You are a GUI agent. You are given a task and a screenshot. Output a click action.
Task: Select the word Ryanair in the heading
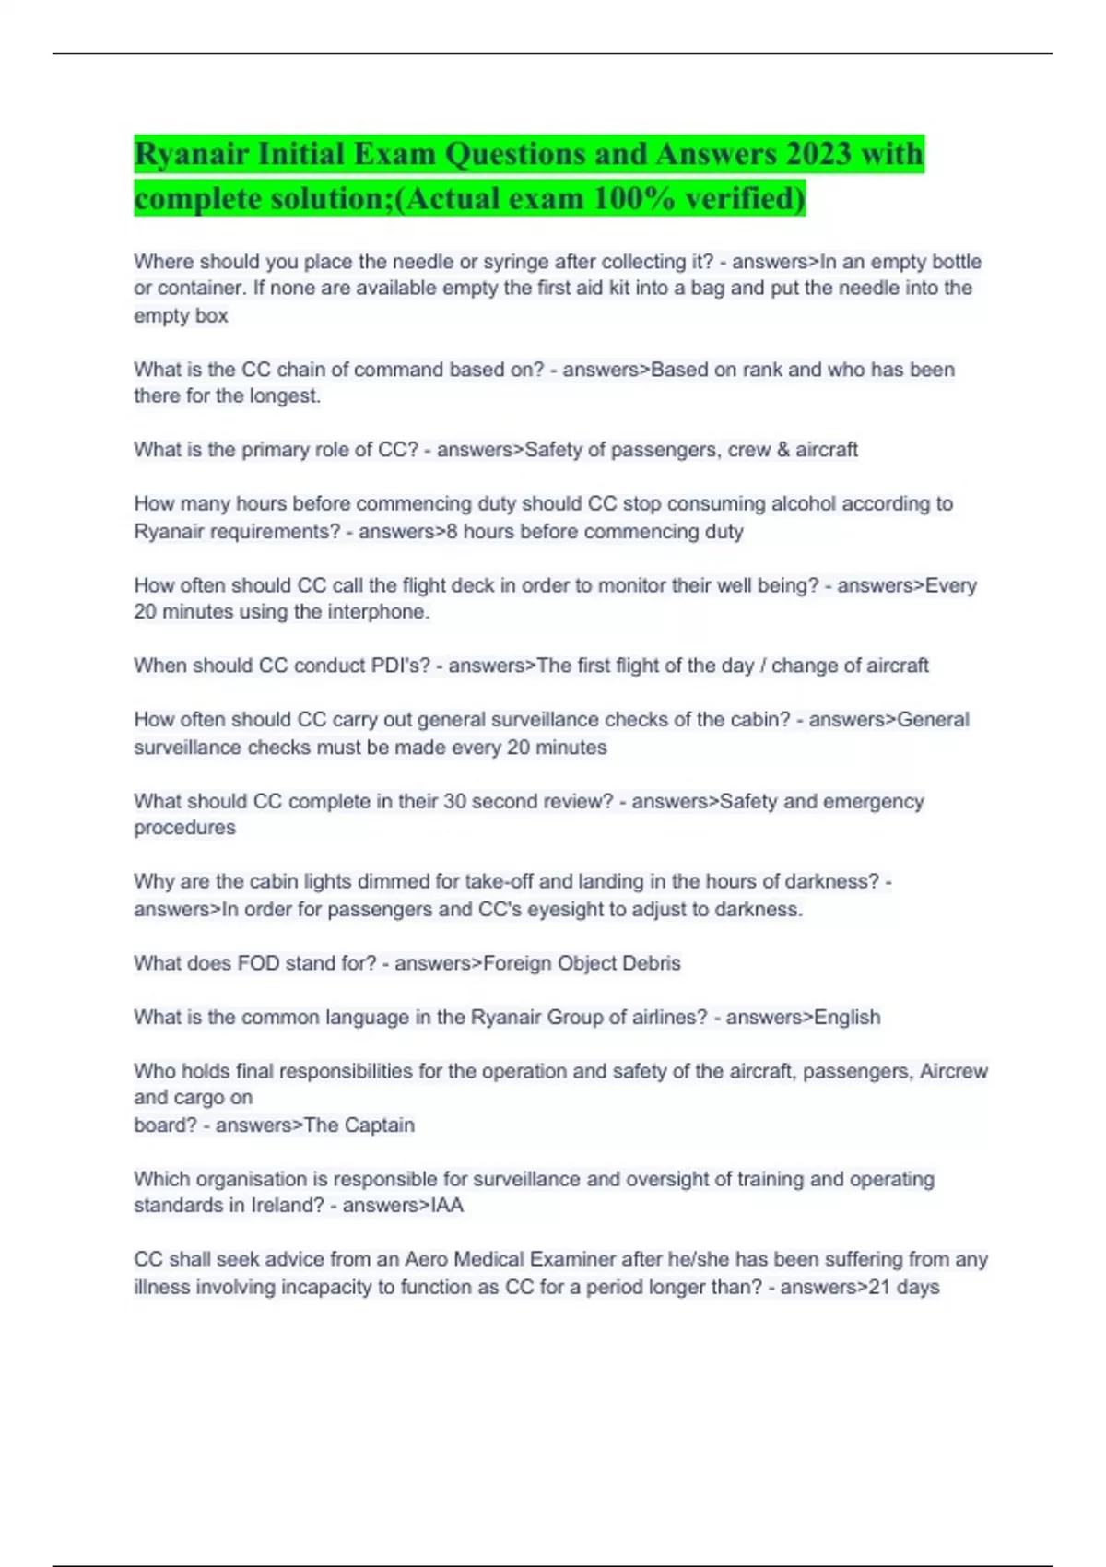pyautogui.click(x=191, y=153)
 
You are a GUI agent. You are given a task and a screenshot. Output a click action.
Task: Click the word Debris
pyautogui.click(x=651, y=963)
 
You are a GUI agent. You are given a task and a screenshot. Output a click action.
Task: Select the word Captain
pyautogui.click(x=379, y=1125)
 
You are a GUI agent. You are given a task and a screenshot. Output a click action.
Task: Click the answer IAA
pyautogui.click(x=447, y=1206)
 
